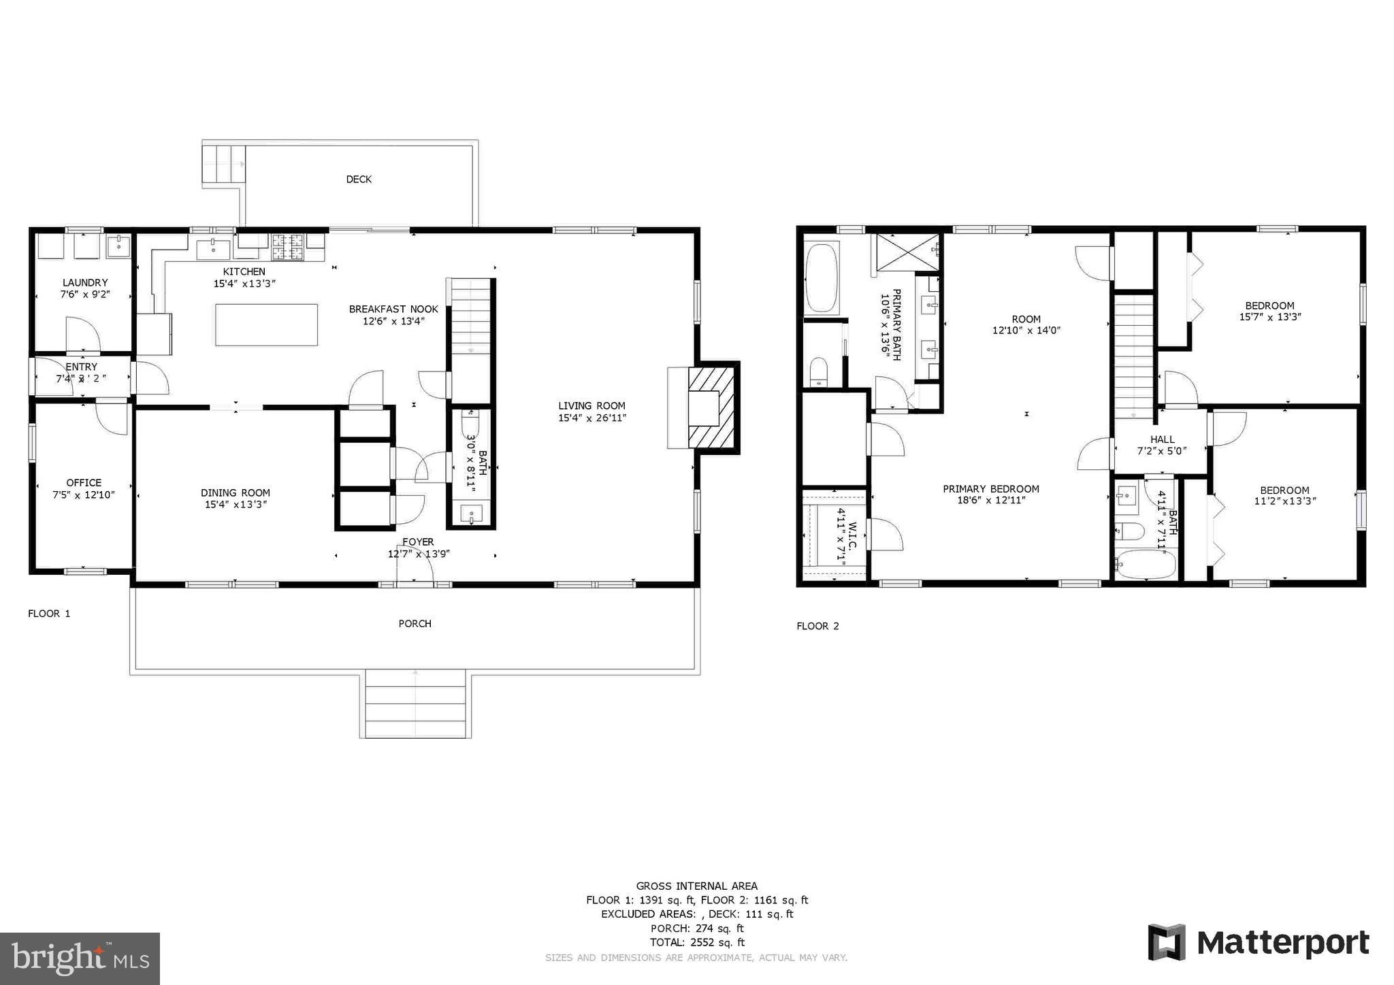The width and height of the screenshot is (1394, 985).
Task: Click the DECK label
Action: pos(359,180)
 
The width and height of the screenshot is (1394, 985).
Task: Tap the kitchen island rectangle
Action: pos(266,325)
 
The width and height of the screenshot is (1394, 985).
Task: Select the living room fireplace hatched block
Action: pos(712,407)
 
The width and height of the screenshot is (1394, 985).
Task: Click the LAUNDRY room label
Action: pos(85,282)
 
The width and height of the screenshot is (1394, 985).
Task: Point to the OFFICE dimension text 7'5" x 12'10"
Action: pos(84,495)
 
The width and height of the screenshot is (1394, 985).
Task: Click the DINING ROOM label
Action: pos(235,492)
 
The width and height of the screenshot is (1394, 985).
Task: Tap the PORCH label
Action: pos(415,623)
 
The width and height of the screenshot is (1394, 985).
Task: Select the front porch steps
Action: pos(415,703)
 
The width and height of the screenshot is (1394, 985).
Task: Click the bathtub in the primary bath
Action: pos(821,278)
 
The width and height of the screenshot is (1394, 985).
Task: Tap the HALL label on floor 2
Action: pos(1162,439)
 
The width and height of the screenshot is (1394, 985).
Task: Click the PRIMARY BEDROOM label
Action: pos(990,488)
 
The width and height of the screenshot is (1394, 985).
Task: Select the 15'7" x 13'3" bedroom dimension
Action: pos(1269,317)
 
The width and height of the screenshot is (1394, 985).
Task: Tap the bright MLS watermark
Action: pos(80,958)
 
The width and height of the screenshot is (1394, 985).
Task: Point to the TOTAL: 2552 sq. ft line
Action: pos(697,942)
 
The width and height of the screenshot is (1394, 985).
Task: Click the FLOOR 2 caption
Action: pos(817,626)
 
